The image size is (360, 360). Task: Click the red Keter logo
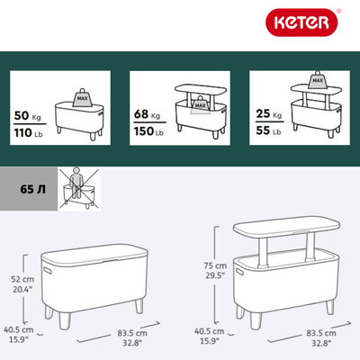pyautogui.click(x=301, y=22)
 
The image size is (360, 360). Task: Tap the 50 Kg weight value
pyautogui.click(x=27, y=116)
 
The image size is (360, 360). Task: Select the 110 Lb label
pyautogui.click(x=29, y=132)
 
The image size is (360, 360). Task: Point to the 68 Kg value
pyautogui.click(x=147, y=114)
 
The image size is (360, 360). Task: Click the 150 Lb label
pyautogui.click(x=148, y=131)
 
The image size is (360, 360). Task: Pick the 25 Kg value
pyautogui.click(x=269, y=114)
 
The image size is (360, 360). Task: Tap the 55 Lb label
pyautogui.click(x=268, y=130)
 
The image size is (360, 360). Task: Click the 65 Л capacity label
pyautogui.click(x=33, y=189)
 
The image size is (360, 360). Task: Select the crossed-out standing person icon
pyautogui.click(x=79, y=188)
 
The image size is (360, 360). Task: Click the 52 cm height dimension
pyautogui.click(x=22, y=279)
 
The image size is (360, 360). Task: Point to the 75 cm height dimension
pyautogui.click(x=215, y=265)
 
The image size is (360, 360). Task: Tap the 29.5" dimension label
pyautogui.click(x=215, y=275)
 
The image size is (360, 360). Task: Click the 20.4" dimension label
pyautogui.click(x=22, y=290)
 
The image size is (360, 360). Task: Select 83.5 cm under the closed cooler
pyautogui.click(x=132, y=333)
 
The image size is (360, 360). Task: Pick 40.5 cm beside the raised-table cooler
pyautogui.click(x=210, y=331)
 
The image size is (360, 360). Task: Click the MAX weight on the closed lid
pyautogui.click(x=82, y=97)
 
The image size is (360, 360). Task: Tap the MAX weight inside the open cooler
pyautogui.click(x=200, y=104)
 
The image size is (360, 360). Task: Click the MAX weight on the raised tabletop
pyautogui.click(x=318, y=80)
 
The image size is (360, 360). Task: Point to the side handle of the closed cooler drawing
pyautogui.click(x=48, y=270)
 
